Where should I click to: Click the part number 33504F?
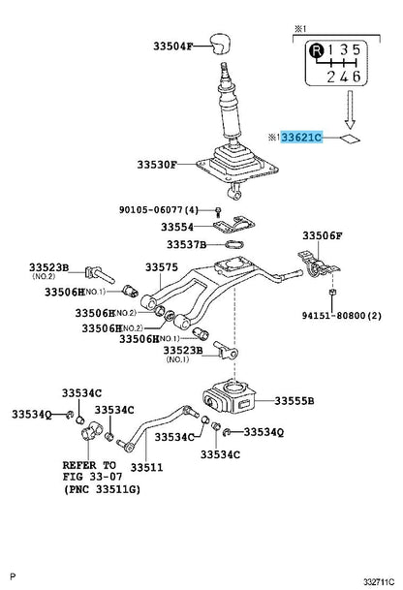[173, 46]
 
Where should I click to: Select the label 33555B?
[296, 400]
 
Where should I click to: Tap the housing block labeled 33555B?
[232, 397]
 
